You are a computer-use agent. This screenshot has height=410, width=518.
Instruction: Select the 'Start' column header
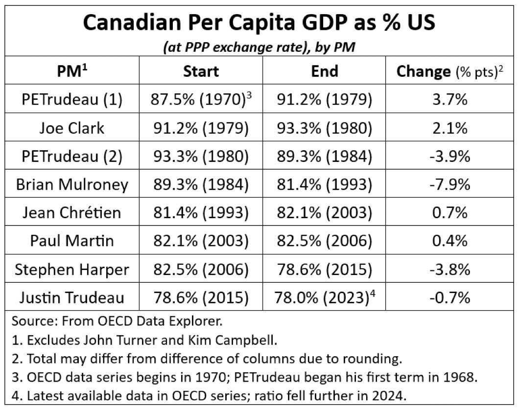[201, 71]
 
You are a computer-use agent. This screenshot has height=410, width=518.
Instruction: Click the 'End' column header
[325, 71]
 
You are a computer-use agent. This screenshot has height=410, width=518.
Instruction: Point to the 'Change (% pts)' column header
[450, 71]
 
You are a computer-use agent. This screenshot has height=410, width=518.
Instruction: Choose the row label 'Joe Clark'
[72, 128]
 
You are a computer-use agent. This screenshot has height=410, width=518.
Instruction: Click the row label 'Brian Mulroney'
[72, 184]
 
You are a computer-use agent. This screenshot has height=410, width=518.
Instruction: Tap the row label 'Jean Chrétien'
[72, 212]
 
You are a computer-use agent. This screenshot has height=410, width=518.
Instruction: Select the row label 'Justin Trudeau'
[72, 297]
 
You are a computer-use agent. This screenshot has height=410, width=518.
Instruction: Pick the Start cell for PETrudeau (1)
[201, 99]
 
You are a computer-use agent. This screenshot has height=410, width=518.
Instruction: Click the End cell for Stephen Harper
[325, 269]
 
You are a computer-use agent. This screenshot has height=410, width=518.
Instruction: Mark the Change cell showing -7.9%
[450, 184]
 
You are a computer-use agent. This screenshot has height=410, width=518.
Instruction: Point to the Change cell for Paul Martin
[450, 241]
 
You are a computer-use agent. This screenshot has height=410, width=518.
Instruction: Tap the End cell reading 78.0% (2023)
[325, 297]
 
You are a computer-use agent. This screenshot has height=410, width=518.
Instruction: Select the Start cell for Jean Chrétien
[201, 212]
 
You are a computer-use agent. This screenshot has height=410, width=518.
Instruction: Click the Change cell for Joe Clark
[450, 128]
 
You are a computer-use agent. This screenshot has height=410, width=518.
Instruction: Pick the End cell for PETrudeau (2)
[325, 156]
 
